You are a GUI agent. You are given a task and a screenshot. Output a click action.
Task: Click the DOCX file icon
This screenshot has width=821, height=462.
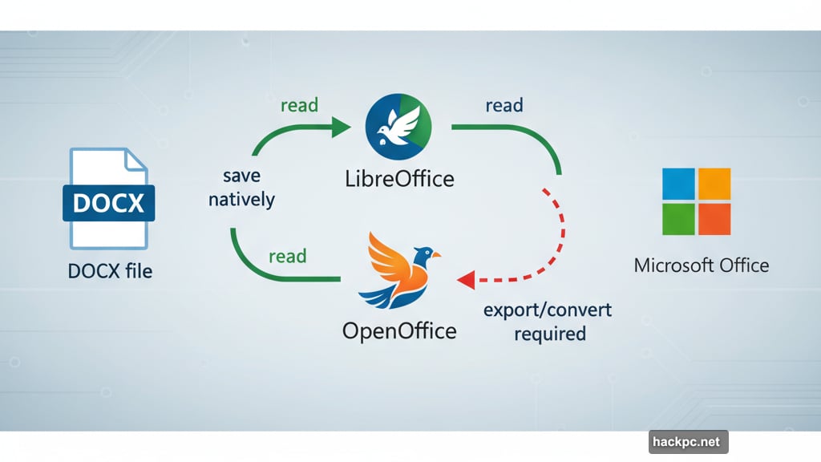[x=108, y=198]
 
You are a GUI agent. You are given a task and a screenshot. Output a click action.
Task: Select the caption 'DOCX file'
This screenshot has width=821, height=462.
[x=110, y=270]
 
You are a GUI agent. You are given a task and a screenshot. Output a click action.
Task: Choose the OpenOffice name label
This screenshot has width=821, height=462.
[x=399, y=330]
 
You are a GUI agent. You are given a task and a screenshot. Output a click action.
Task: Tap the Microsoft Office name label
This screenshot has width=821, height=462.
[x=701, y=265]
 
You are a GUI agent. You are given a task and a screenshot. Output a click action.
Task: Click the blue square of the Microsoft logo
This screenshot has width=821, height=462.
[x=679, y=184]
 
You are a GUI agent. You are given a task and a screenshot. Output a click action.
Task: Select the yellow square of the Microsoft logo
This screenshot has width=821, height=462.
[x=714, y=184]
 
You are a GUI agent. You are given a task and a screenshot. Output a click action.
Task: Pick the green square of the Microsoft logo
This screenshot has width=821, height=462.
[x=679, y=218]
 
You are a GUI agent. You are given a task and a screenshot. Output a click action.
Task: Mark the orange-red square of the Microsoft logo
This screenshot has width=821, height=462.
[x=714, y=218]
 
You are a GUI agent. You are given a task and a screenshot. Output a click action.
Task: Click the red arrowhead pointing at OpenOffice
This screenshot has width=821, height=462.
[x=466, y=279]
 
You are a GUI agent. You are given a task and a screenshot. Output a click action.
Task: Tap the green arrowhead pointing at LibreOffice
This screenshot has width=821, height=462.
[x=341, y=126]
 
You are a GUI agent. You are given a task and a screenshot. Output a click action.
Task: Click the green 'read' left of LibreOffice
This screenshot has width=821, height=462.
[x=299, y=105]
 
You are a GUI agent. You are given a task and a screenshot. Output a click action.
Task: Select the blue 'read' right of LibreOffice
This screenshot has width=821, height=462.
[x=504, y=105]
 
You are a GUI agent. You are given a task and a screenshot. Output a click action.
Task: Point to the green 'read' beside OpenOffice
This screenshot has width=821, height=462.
[x=287, y=257]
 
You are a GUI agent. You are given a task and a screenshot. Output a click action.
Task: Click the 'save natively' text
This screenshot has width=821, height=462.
[x=241, y=188]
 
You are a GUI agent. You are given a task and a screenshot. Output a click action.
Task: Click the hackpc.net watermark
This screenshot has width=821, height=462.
[x=688, y=441]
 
